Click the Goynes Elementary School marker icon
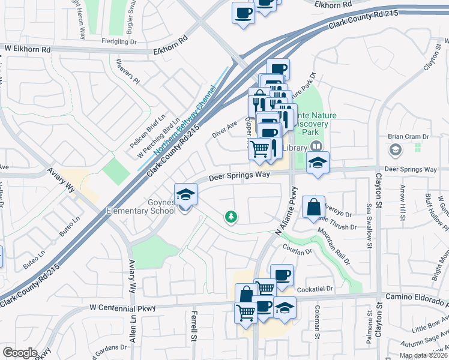185,195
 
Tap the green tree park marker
230,217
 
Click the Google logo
20,353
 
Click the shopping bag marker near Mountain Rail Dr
313,208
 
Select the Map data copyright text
423,355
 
